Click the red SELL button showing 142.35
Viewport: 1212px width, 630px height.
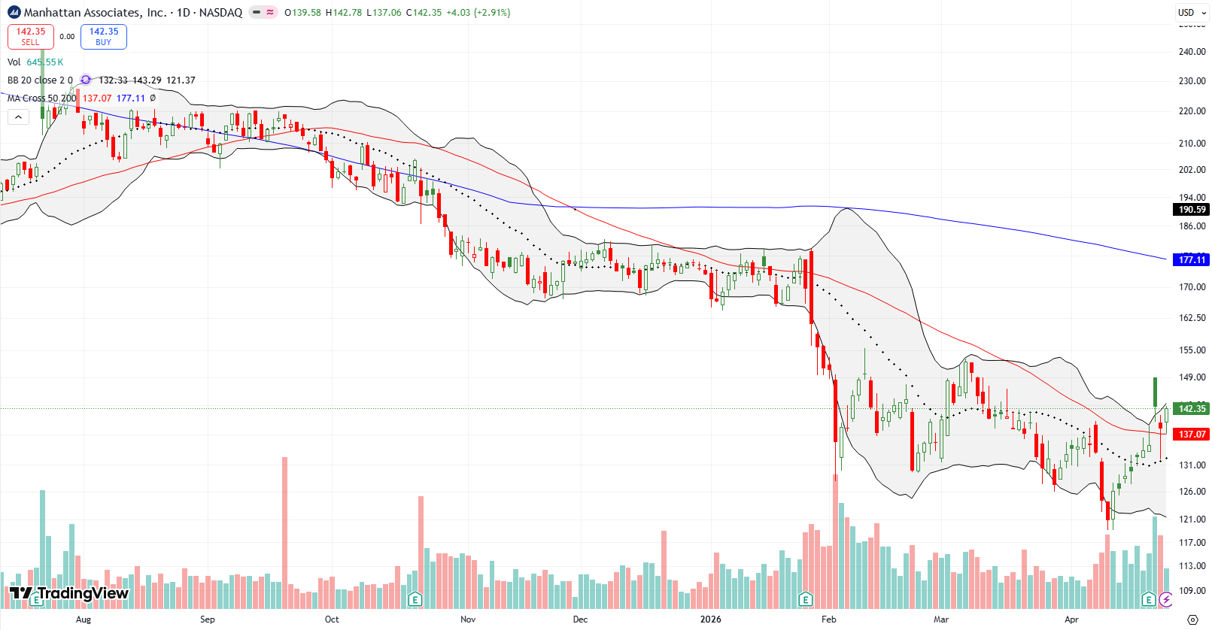31,36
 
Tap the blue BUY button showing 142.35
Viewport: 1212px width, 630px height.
104,36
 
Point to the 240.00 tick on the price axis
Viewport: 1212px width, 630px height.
1192,52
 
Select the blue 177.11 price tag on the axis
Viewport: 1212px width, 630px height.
1191,259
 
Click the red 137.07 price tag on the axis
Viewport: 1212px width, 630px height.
1191,435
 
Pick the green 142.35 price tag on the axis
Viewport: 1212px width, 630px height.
1191,408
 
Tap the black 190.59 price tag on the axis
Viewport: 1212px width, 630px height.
1191,210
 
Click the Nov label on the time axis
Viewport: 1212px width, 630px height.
468,619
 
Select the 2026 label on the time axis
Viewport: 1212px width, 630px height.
710,619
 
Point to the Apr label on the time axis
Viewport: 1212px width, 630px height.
1071,619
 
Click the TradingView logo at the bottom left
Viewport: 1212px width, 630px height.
69,594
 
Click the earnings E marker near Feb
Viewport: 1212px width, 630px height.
806,599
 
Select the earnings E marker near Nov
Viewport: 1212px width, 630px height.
415,599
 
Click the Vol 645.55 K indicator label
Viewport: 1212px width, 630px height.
35,62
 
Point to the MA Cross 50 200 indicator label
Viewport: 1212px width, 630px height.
41,98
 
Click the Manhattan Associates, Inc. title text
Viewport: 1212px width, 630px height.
95,12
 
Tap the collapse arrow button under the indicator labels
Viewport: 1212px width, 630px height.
18,117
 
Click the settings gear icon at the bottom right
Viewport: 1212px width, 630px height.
1192,619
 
